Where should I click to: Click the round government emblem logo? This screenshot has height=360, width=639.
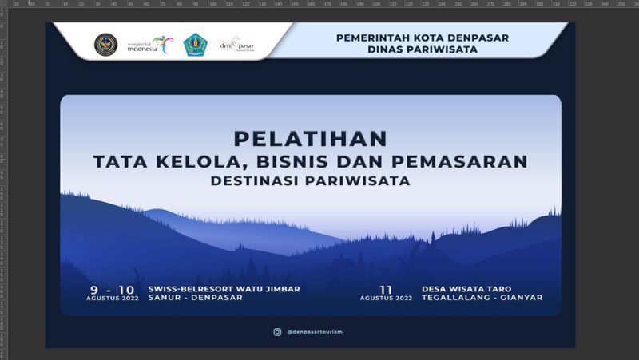pos(105,44)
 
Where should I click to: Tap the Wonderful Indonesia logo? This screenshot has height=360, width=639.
pos(149,45)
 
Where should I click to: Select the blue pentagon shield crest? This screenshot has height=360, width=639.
pos(194,44)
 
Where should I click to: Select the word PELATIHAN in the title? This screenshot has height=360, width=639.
pos(310,138)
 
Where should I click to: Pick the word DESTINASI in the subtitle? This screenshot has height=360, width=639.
pos(257,181)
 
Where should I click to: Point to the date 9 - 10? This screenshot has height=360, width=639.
pos(113,288)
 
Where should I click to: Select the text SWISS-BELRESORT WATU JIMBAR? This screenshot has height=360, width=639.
pos(224,288)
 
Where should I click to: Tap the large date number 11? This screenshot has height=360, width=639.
pos(386,288)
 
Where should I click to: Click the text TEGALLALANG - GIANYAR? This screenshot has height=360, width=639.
pos(482,298)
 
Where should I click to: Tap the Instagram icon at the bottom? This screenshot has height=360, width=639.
pos(277,331)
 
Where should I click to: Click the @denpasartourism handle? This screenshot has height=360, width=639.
pos(314,331)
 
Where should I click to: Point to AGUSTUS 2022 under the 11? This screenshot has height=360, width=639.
pos(386,299)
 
